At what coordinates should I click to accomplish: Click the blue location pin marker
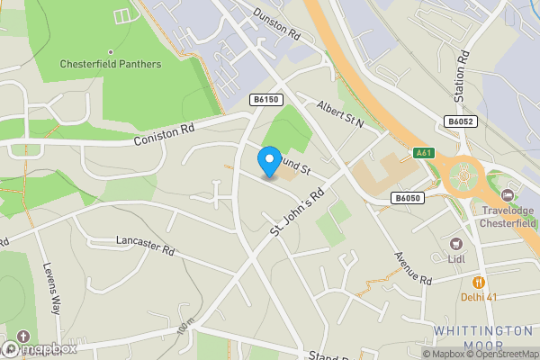268,162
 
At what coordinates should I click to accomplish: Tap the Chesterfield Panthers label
111,64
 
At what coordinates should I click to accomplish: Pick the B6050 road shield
408,198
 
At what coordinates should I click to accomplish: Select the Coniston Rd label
164,134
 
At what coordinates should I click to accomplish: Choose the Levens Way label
52,288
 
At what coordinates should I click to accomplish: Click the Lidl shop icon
455,243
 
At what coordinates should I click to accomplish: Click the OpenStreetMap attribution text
500,354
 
